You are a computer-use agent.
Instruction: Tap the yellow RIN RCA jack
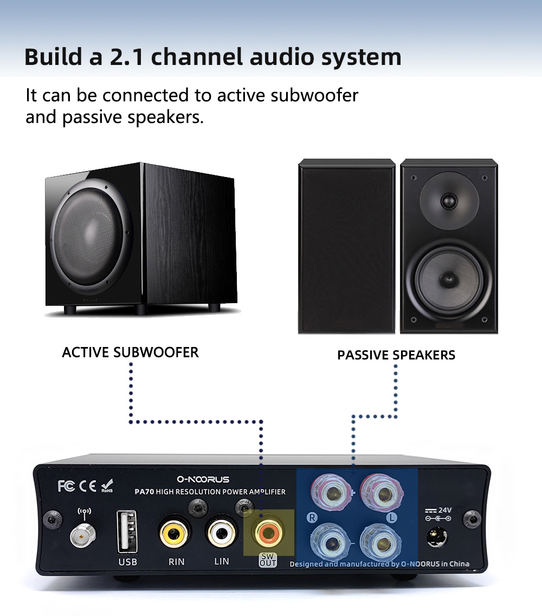click(175, 533)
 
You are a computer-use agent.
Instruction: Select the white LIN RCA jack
click(221, 533)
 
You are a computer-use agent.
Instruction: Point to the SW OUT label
click(268, 560)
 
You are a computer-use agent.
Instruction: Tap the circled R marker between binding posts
click(312, 517)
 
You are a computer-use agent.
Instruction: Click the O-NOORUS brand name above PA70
click(203, 479)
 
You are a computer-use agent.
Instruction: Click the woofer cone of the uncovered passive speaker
click(448, 279)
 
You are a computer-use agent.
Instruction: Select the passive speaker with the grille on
click(347, 246)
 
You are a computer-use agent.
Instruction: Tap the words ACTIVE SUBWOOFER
click(130, 352)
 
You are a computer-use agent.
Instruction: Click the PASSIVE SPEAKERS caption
click(396, 355)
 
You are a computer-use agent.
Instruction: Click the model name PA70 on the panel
click(144, 492)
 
